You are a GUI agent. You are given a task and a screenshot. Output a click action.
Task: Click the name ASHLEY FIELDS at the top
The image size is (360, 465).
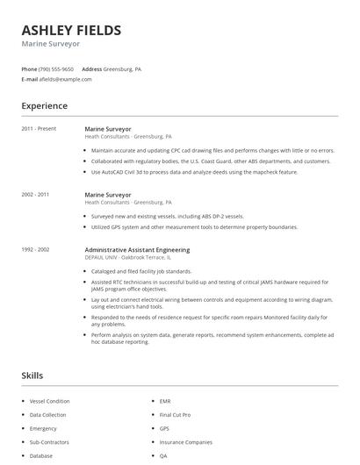[x=71, y=31]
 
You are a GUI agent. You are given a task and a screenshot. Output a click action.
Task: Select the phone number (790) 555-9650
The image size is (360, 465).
[x=56, y=68]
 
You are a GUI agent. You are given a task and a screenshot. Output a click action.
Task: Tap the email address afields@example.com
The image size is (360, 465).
[x=65, y=79]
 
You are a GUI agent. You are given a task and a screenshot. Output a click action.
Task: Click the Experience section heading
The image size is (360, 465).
[x=45, y=106]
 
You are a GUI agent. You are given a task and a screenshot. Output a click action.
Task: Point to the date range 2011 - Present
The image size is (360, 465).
[x=39, y=129]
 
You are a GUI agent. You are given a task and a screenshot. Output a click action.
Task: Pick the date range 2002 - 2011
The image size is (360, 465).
[x=35, y=194]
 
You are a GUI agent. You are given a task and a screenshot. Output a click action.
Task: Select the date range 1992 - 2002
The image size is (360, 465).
[x=35, y=250]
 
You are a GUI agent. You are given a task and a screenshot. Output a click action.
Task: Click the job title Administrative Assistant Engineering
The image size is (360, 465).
[x=136, y=250]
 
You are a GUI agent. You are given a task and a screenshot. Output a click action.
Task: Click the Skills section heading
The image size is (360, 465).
[x=32, y=376]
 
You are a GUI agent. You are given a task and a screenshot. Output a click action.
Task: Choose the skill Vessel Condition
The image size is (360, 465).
[x=49, y=401]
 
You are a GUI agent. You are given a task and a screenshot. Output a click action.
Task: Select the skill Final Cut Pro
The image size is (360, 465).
[x=175, y=414]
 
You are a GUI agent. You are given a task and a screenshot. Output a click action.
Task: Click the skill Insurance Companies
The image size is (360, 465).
[x=185, y=442]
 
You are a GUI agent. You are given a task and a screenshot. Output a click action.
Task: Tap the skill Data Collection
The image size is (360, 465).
[x=47, y=414]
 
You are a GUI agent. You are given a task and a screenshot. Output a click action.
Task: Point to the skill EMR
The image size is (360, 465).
[x=165, y=401]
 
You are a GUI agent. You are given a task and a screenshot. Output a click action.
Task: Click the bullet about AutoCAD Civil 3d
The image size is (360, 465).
[x=194, y=172]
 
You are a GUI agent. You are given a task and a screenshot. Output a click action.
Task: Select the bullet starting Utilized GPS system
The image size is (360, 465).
[x=193, y=226]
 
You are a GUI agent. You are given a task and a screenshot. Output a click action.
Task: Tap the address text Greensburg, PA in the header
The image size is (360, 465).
[x=122, y=68]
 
